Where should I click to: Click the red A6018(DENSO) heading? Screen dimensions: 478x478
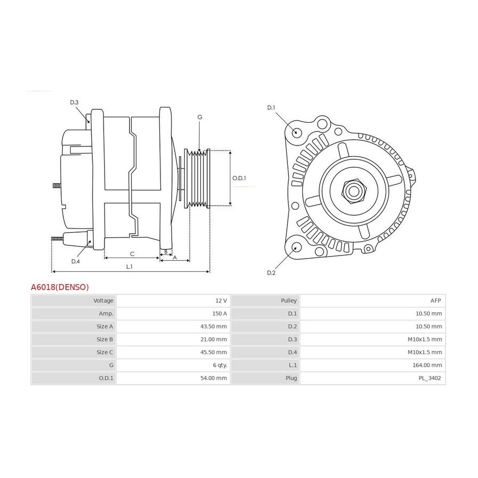[x=59, y=287]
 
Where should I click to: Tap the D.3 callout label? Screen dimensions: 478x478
[x=74, y=103]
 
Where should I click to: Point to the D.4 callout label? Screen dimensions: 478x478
[x=75, y=261]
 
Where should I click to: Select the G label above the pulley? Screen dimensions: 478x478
[x=200, y=117]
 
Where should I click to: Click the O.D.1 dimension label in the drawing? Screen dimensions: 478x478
[x=239, y=178]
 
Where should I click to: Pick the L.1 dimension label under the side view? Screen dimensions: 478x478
[x=129, y=267]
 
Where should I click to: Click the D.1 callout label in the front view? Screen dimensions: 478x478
[x=271, y=108]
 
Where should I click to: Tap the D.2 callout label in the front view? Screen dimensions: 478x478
[x=271, y=272]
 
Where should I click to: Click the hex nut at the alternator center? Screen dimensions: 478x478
[x=354, y=191]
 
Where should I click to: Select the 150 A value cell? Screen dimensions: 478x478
[x=219, y=313]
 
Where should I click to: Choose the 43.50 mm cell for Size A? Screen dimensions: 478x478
[x=214, y=326]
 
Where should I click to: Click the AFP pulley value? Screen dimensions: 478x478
[x=436, y=301]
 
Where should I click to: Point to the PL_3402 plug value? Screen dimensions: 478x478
[x=430, y=378]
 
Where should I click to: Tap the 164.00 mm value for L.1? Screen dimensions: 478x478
[x=427, y=365]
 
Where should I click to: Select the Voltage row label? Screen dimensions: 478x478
[x=103, y=301]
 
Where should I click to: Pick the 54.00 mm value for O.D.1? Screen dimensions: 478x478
[x=214, y=378]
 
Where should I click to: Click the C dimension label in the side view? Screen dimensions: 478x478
[x=132, y=254]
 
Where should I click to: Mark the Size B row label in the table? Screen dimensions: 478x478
[x=105, y=339]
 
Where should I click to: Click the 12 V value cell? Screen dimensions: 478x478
[x=221, y=301]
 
